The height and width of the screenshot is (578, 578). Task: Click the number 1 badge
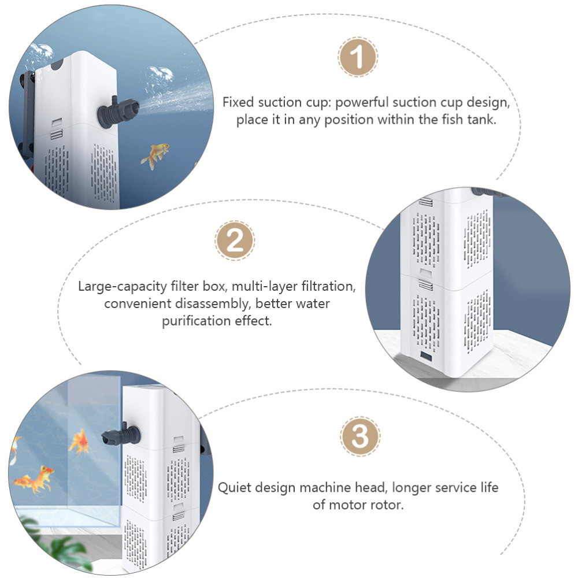point(358,57)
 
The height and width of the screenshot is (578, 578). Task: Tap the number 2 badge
point(235,240)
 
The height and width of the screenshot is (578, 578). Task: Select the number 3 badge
point(360,437)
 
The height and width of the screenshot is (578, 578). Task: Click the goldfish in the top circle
point(155,155)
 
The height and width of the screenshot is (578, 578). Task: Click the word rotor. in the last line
point(385,505)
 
